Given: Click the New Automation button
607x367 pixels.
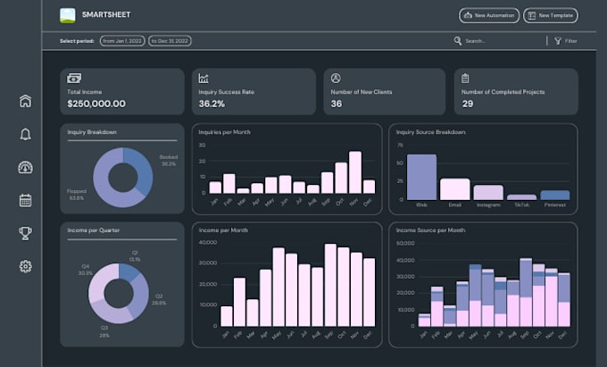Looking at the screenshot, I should point(488,15).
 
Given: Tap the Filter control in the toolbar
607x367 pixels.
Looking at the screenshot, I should point(565,41).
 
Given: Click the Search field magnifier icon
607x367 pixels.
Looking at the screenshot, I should point(458,41).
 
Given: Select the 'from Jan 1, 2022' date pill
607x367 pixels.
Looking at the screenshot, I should point(122,41).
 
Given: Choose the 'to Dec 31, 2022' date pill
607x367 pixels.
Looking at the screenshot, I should point(170,41).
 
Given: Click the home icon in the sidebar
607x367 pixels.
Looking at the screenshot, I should point(25,101).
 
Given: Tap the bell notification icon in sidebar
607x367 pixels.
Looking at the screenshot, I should point(25,134).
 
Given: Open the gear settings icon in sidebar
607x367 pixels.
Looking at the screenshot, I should point(25,266).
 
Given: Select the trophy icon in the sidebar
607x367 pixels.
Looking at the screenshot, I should point(25,233).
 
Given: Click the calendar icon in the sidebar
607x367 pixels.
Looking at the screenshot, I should point(25,200).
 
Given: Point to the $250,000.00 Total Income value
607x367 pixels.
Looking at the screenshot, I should point(96,104).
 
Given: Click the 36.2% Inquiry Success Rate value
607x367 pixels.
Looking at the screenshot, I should point(212,104).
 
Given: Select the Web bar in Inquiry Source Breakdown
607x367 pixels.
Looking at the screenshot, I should point(421,177).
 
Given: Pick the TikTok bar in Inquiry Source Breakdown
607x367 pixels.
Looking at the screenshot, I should point(521,196).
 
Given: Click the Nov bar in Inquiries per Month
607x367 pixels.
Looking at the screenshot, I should point(355,172).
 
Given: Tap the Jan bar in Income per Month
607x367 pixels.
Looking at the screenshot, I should point(227,316).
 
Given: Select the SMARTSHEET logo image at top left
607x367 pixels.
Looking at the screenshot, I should point(68,15).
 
